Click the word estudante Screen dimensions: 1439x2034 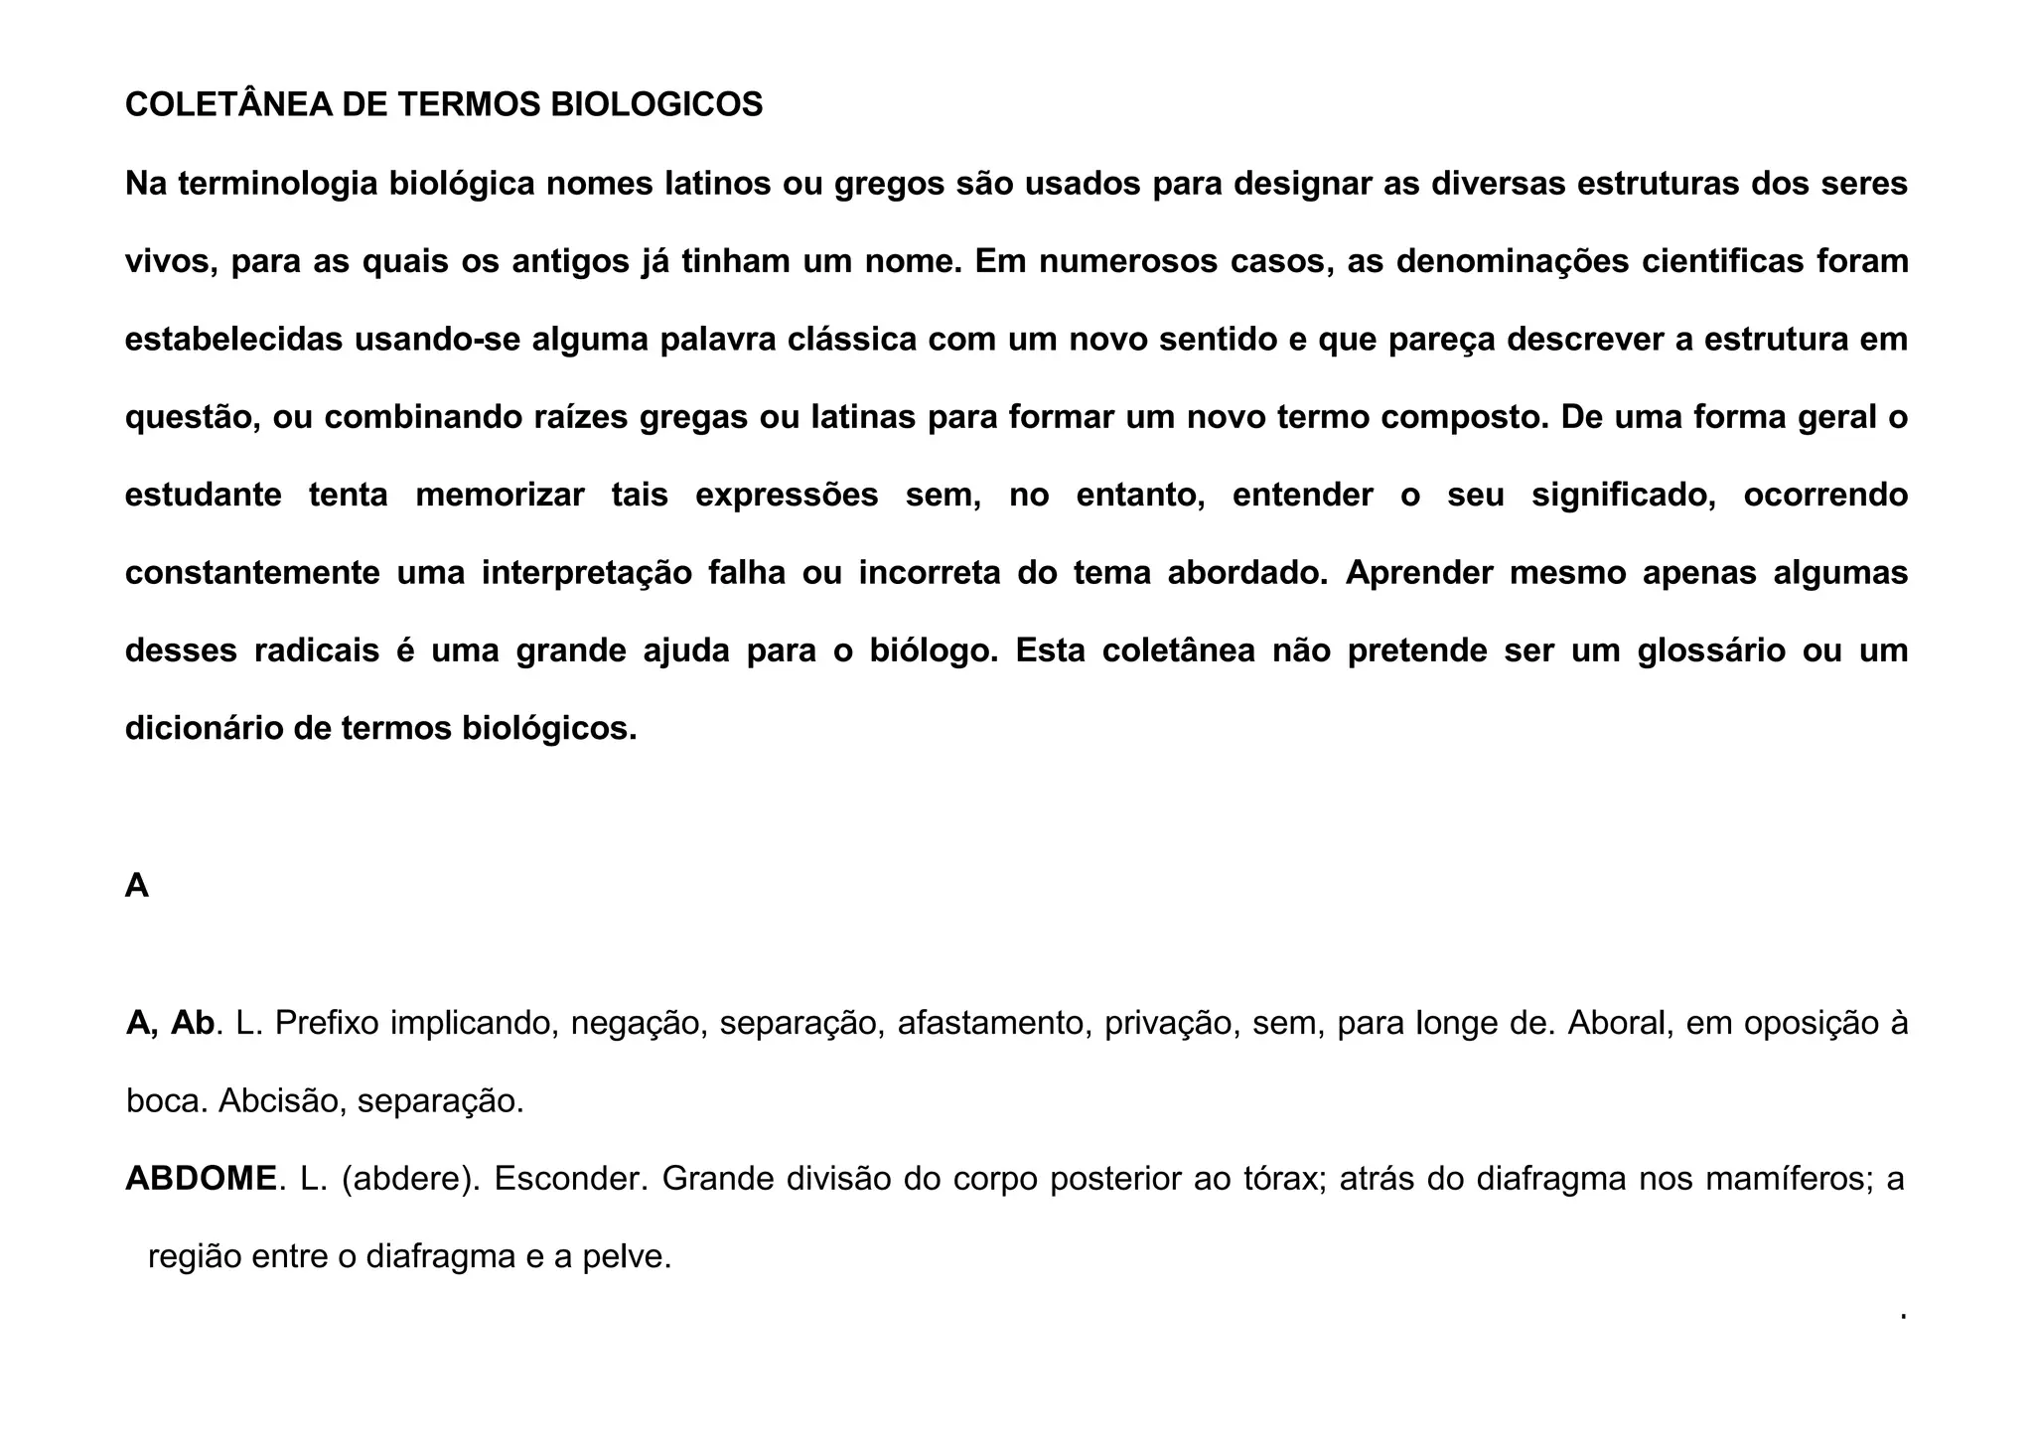(x=204, y=495)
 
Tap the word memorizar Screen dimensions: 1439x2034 (x=500, y=495)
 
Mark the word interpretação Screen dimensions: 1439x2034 (x=586, y=573)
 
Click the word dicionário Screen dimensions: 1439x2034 (x=204, y=729)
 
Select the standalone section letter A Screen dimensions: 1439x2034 (x=137, y=886)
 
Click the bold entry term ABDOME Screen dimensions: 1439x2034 (x=201, y=1179)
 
